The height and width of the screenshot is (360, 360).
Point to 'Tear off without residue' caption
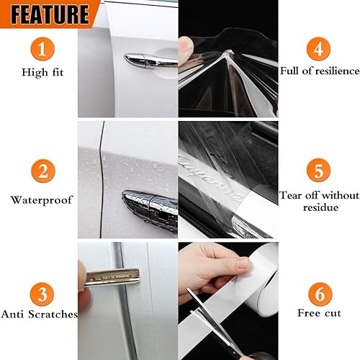coord(319,201)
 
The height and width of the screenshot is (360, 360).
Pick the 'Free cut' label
coord(318,313)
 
